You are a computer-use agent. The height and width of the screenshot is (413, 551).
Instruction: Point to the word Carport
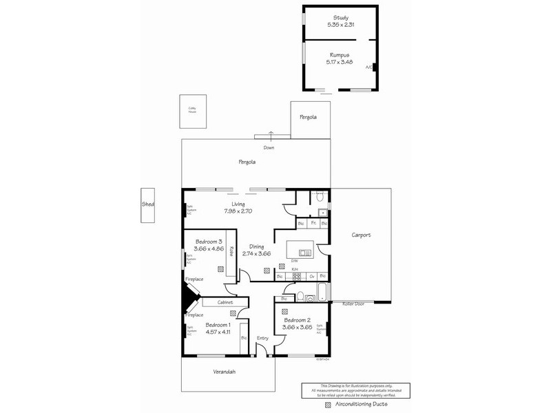(x=360, y=235)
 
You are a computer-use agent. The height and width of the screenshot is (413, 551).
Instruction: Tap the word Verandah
(x=224, y=372)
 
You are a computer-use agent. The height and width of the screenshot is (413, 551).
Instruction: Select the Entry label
(x=262, y=338)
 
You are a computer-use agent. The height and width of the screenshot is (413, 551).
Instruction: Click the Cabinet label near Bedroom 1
(x=225, y=302)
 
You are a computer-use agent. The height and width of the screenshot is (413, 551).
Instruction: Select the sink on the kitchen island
(x=305, y=253)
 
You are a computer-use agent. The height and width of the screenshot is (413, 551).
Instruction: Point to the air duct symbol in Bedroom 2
(x=283, y=312)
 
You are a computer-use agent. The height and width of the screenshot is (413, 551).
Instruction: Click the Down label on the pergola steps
(x=269, y=147)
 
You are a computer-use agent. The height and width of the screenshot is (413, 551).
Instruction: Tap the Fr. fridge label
(x=313, y=224)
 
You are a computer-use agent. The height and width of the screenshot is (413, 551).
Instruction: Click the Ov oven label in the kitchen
(x=312, y=277)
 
